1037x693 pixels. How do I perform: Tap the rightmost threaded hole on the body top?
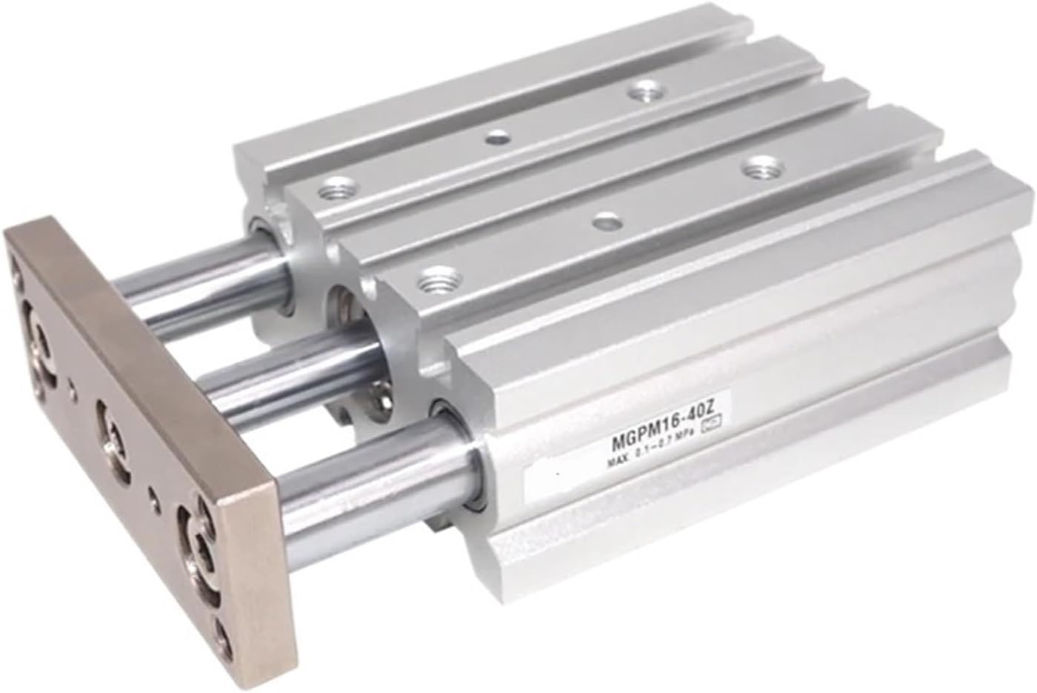pos(756,168)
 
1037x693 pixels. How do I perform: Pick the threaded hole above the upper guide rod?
pos(330,193)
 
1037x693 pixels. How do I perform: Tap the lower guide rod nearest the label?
pos(370,474)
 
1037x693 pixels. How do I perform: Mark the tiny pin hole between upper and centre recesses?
pos(71,386)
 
